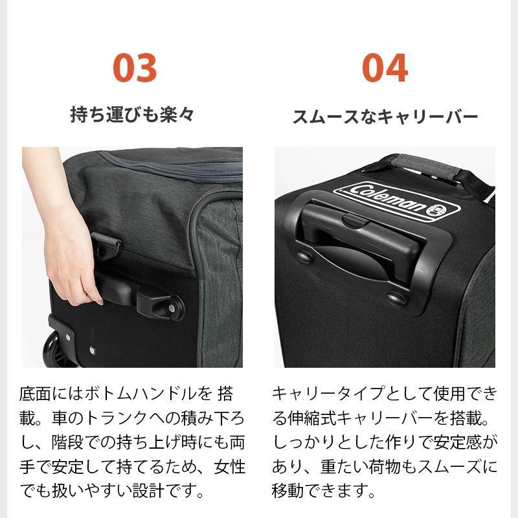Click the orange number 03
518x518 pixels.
point(135,67)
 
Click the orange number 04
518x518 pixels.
point(385,67)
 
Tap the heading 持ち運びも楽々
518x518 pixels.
point(132,116)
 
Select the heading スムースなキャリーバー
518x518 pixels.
point(385,117)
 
